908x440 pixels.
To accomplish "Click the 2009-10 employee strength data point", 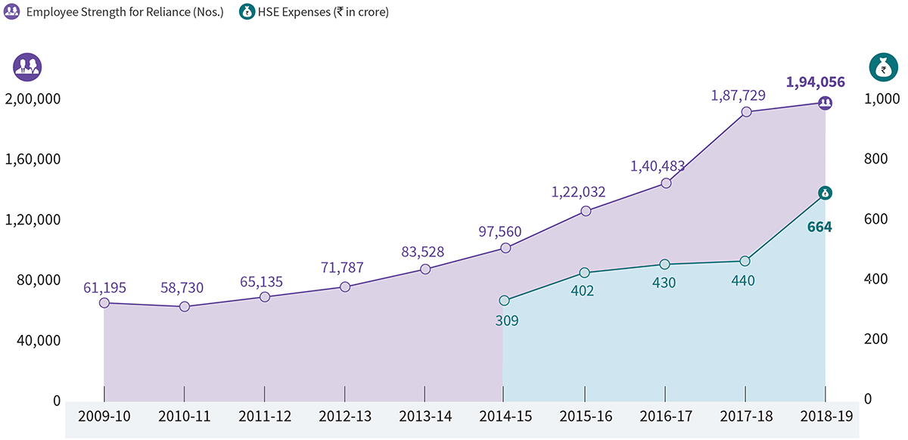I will pos(104,303).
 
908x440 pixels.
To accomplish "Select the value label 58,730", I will pos(185,288).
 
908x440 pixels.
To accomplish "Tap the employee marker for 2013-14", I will pos(425,269).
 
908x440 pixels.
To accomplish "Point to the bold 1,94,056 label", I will pos(815,82).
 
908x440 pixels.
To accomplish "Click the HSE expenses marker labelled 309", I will pos(505,301).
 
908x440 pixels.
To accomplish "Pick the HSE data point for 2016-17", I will pos(665,265).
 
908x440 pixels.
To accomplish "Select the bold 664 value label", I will pos(819,226).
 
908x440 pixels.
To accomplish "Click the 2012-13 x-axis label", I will pos(345,417).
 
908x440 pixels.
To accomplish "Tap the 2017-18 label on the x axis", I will pos(745,417).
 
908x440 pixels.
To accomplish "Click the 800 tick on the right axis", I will pos(878,160).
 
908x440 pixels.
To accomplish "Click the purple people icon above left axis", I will pos(27,68).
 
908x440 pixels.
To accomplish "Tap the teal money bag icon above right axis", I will pos(881,68).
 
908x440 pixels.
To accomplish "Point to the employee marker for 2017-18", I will pos(746,112).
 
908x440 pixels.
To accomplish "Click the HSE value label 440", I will pos(743,280).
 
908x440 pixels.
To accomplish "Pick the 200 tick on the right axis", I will pos(878,340).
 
